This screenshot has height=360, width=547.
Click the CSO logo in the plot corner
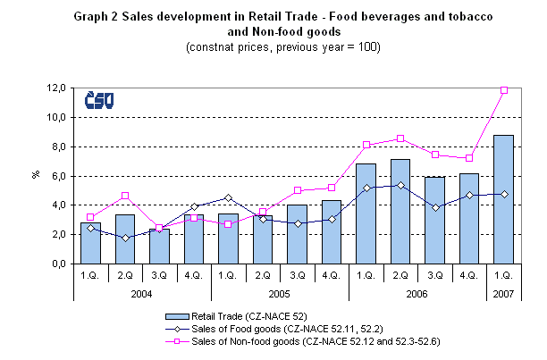coord(98,101)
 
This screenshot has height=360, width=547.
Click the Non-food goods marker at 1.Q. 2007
coord(503,90)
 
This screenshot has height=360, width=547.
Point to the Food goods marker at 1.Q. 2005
coord(228,197)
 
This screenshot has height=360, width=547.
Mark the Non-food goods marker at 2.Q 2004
coord(126,196)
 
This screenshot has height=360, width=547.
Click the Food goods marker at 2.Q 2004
coord(126,238)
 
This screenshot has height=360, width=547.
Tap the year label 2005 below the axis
coord(279,293)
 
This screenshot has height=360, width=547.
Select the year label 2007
coord(503,293)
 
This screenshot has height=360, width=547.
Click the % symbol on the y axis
coord(37,176)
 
